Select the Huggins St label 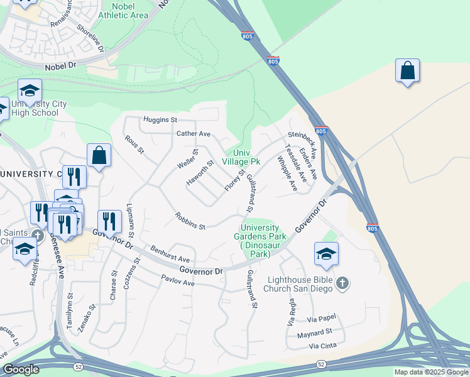coord(160,119)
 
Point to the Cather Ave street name coord(194,134)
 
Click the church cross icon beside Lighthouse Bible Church coord(342,283)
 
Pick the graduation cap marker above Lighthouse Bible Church coord(326,254)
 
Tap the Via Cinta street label coord(323,346)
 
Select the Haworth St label coord(200,173)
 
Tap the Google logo coord(21,369)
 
